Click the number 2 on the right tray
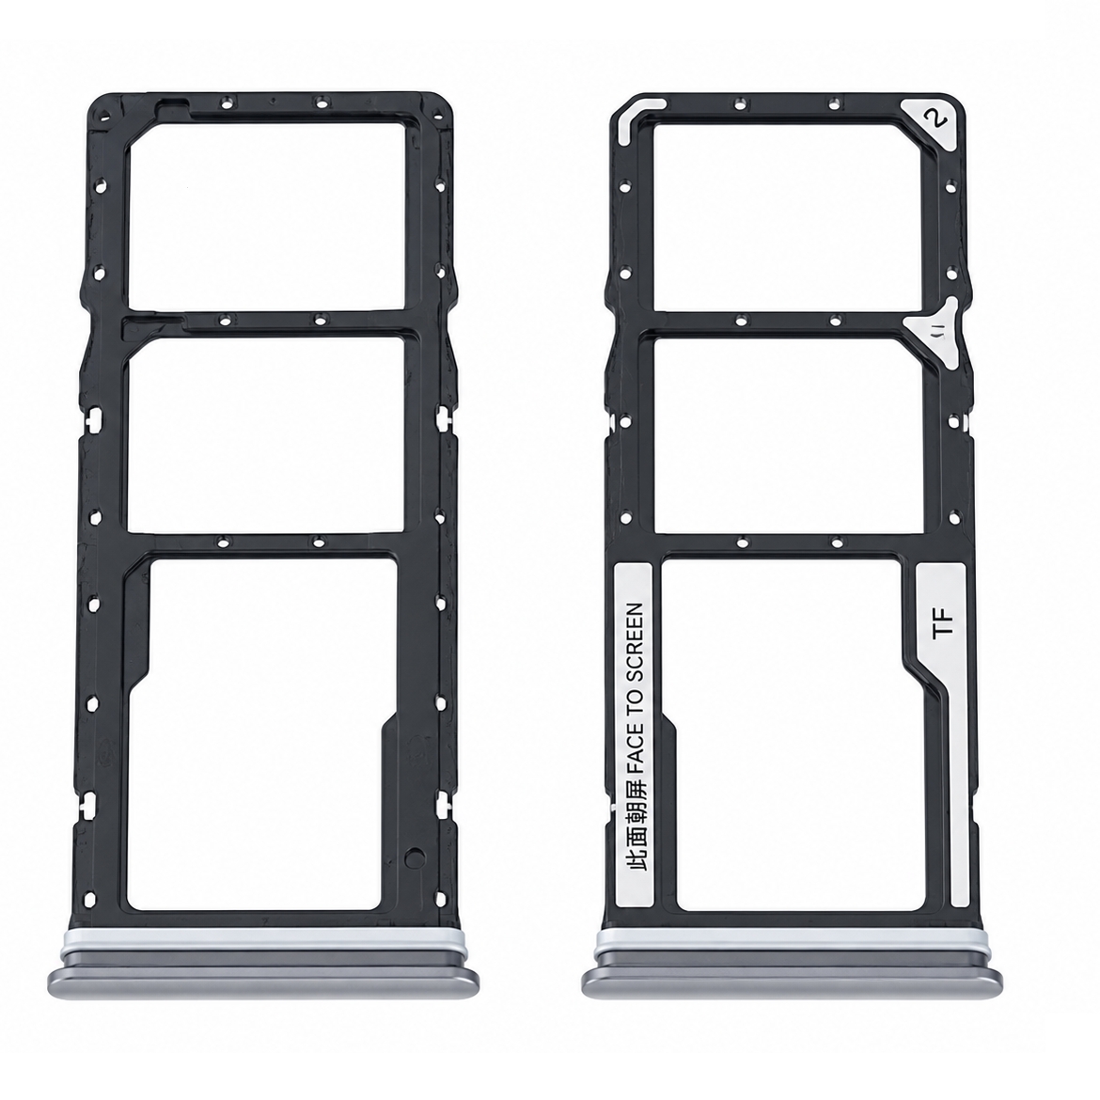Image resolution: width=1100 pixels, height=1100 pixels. tap(935, 118)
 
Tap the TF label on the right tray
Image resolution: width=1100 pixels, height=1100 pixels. tap(944, 623)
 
